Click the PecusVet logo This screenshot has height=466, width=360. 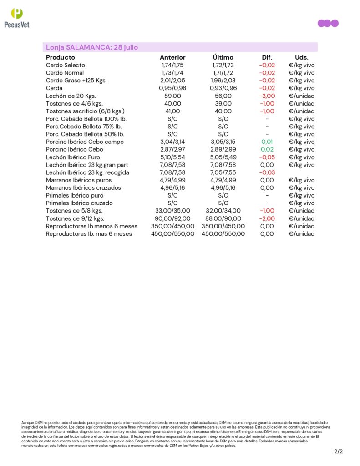coord(16,18)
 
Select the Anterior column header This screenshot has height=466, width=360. coord(172,57)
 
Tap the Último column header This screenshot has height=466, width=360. coord(223,57)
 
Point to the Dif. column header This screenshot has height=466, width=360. coord(267,57)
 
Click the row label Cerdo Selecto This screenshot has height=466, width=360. coord(66,65)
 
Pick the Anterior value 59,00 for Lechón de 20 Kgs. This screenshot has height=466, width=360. coord(172,96)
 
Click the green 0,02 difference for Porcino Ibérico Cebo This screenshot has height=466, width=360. coord(267,149)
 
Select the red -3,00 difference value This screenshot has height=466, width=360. coord(267,96)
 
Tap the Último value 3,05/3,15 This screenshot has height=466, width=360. coord(223,142)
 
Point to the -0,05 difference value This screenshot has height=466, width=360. coord(267,157)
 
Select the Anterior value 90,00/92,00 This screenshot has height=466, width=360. coord(172,218)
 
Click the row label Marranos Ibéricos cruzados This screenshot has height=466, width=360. coord(83,188)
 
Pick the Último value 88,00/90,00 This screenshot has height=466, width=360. coord(223,218)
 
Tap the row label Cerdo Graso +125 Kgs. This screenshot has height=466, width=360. coord(76,81)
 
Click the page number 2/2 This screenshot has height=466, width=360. coord(338,452)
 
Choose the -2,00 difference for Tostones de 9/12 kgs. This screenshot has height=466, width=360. coord(267,218)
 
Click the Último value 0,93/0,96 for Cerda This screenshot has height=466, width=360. coord(223,88)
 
